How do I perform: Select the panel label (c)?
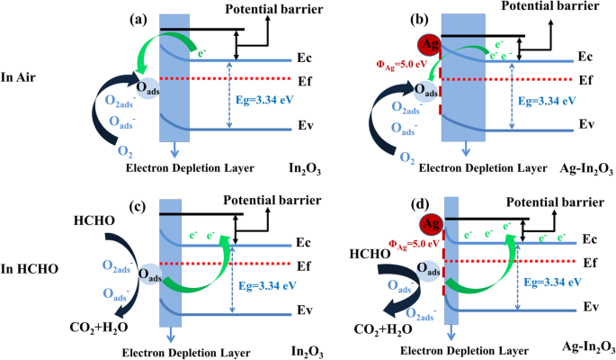139,206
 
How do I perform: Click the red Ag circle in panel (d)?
433,220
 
